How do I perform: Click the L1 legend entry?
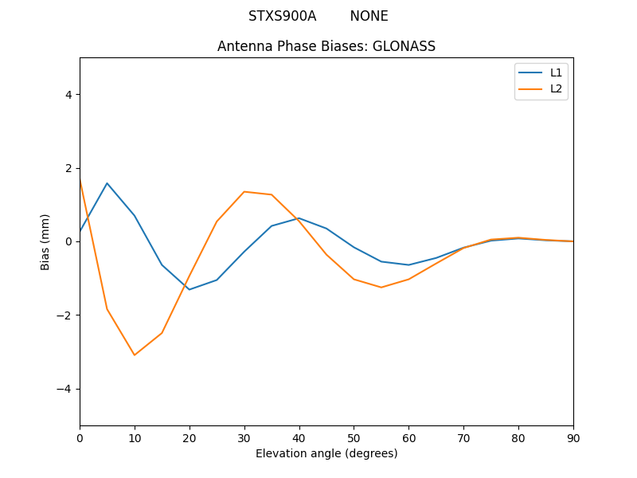click(x=556, y=72)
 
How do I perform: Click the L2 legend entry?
click(x=556, y=88)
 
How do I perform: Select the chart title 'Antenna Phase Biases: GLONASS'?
click(x=326, y=46)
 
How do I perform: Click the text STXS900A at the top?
click(x=282, y=16)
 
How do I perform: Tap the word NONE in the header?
click(x=369, y=16)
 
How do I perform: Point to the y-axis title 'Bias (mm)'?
click(x=45, y=241)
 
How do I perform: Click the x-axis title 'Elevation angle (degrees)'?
click(x=326, y=453)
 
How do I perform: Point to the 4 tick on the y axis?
click(x=68, y=94)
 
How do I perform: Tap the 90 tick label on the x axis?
click(x=573, y=437)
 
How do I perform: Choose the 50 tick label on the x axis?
click(x=354, y=437)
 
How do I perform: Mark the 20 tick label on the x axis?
click(x=190, y=437)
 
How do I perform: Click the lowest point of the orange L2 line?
click(x=135, y=355)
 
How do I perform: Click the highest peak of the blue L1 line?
click(x=107, y=183)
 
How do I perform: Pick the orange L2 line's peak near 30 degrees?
click(x=244, y=191)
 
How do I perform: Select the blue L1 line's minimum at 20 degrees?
click(x=190, y=289)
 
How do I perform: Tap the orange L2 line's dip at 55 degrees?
click(x=381, y=287)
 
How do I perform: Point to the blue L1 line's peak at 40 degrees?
click(x=299, y=217)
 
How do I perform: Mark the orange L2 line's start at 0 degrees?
click(x=80, y=182)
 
